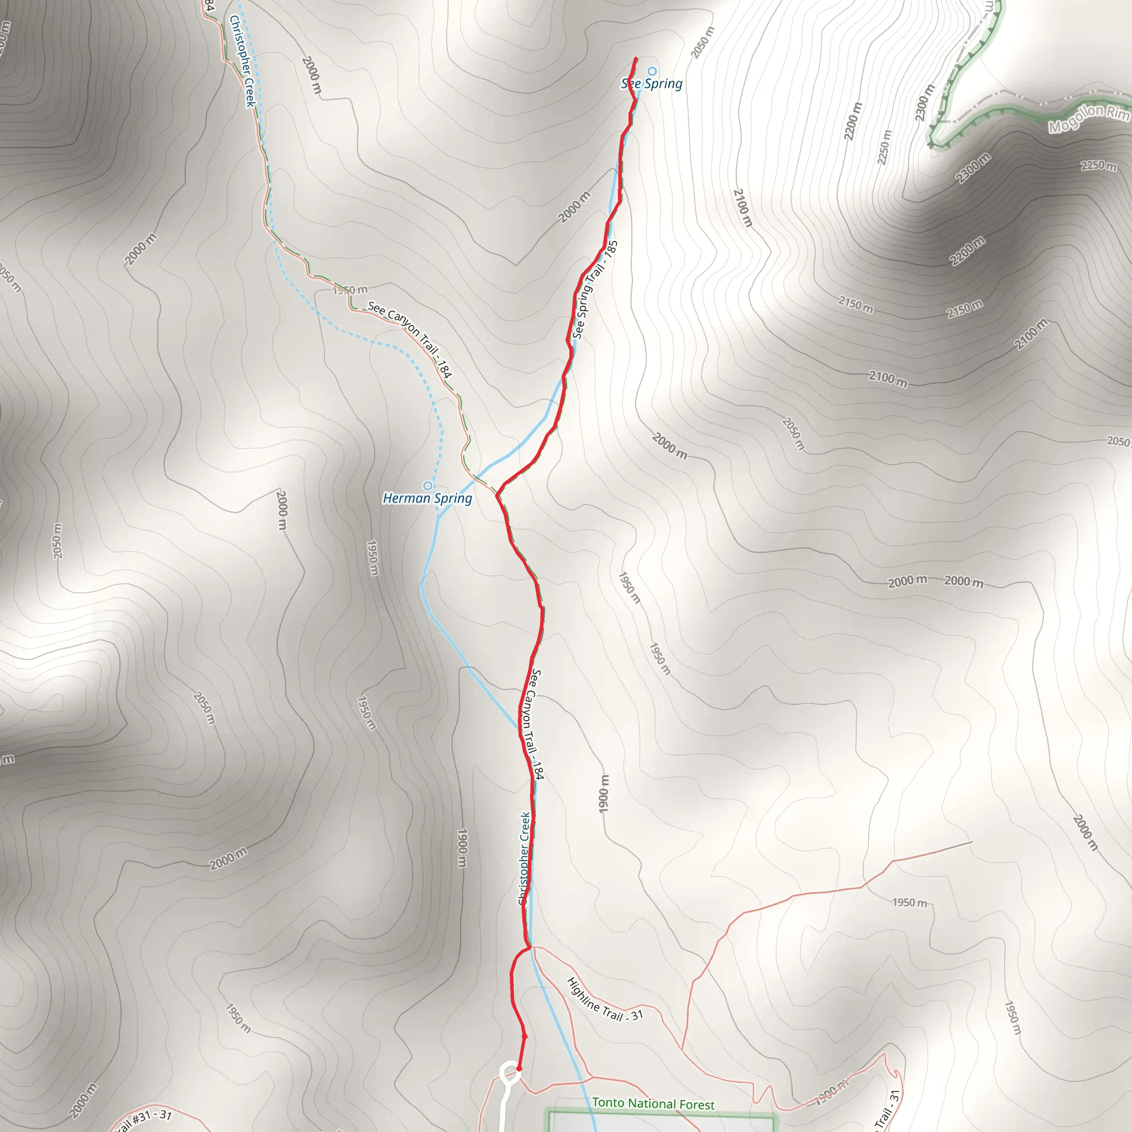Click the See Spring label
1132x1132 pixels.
click(652, 84)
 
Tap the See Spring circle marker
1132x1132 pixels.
click(652, 71)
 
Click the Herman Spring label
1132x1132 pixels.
click(427, 499)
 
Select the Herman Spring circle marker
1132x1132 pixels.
click(428, 486)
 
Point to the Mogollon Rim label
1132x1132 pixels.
click(1089, 118)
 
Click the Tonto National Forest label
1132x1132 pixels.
click(653, 1104)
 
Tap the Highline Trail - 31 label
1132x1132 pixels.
click(605, 999)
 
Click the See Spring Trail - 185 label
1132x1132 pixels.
click(595, 290)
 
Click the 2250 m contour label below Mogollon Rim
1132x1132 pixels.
click(1099, 166)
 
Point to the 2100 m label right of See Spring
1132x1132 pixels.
click(742, 207)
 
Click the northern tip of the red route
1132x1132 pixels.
click(636, 58)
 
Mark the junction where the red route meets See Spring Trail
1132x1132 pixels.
click(497, 495)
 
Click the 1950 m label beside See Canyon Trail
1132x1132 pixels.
click(350, 290)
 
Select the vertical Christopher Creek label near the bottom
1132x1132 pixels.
click(525, 858)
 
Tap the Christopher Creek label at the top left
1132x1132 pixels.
click(242, 61)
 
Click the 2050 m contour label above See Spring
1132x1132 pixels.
click(703, 43)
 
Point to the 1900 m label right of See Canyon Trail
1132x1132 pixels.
click(604, 794)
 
